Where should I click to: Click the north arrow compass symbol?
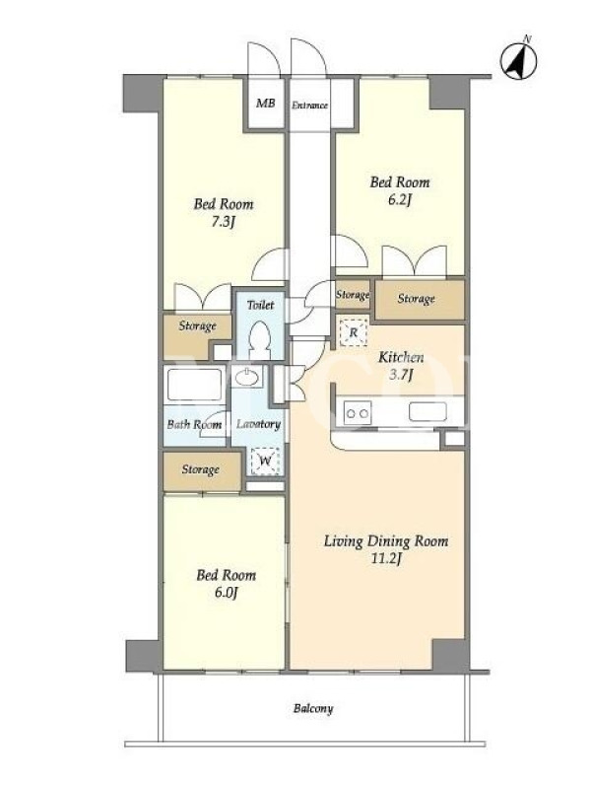pyautogui.click(x=519, y=60)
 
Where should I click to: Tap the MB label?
pyautogui.click(x=265, y=104)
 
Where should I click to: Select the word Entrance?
pyautogui.click(x=309, y=106)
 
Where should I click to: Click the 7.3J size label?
pyautogui.click(x=224, y=221)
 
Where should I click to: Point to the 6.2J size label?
pyautogui.click(x=400, y=200)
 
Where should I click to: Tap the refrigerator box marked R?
pyautogui.click(x=353, y=332)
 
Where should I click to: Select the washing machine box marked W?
pyautogui.click(x=265, y=460)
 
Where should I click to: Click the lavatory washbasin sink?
pyautogui.click(x=247, y=377)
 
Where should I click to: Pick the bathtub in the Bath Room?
pyautogui.click(x=194, y=385)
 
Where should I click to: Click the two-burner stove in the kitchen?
pyautogui.click(x=358, y=413)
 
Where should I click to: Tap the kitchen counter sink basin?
pyautogui.click(x=427, y=411)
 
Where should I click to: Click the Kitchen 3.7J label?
pyautogui.click(x=401, y=365)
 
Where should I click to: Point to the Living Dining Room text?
pyautogui.click(x=385, y=541)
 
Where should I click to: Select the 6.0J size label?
pyautogui.click(x=226, y=593)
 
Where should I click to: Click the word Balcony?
pyautogui.click(x=313, y=708)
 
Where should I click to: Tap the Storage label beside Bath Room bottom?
pyautogui.click(x=201, y=469)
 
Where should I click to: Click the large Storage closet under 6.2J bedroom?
pyautogui.click(x=420, y=299)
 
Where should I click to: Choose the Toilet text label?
pyautogui.click(x=260, y=305)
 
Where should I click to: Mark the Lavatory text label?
pyautogui.click(x=258, y=424)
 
